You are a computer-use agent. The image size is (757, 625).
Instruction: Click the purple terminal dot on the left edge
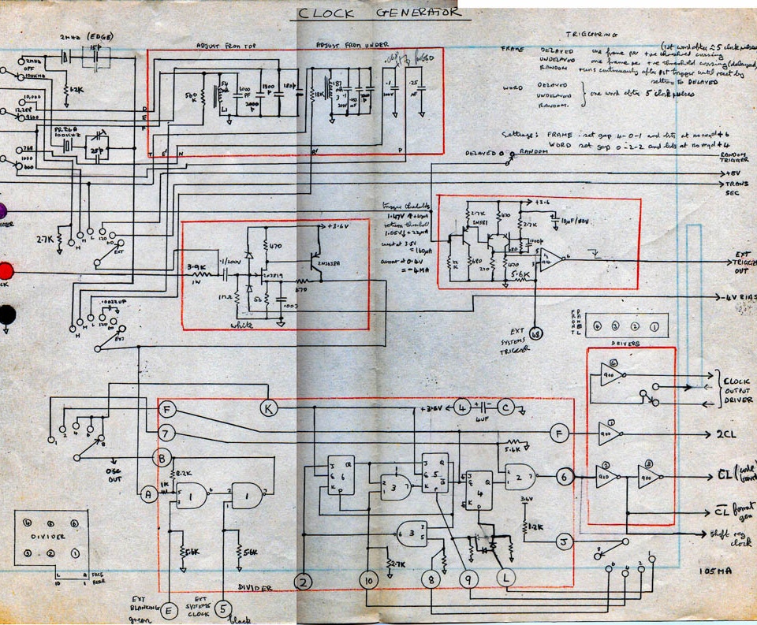2,210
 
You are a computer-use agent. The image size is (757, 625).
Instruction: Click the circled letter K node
269,407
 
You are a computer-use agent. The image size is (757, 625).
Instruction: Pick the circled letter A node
147,494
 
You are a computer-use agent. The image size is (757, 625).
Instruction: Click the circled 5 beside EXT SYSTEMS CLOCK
225,608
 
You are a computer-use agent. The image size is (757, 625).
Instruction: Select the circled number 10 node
367,581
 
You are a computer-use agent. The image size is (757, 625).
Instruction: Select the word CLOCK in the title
326,13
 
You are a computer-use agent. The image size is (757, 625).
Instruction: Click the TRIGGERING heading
592,35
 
